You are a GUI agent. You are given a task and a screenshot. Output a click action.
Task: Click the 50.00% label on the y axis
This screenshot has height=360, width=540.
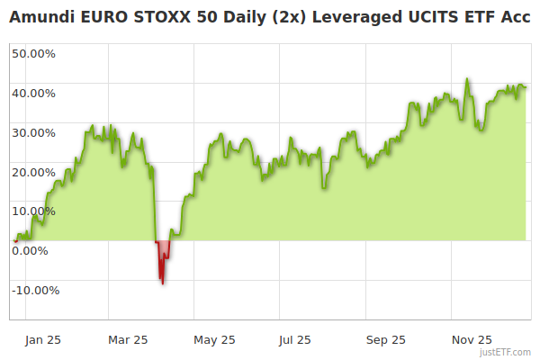[x=33, y=53]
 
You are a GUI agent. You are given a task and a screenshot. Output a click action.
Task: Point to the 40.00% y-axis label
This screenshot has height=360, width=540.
[x=33, y=93]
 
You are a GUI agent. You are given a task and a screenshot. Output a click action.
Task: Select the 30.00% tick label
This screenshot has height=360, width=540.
[x=33, y=132]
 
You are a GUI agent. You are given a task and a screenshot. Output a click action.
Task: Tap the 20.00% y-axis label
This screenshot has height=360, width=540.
[x=33, y=172]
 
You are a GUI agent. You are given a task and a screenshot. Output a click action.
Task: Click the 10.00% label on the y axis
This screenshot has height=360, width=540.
[x=33, y=211]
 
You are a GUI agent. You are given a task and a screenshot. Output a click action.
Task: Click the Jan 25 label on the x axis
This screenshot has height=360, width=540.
[x=42, y=340]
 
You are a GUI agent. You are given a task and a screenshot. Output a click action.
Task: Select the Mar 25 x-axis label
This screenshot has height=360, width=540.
[x=127, y=340]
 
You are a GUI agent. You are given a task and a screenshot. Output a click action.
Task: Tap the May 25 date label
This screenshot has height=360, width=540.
[x=214, y=340]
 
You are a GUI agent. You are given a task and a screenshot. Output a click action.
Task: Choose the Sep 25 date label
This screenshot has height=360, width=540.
[x=386, y=340]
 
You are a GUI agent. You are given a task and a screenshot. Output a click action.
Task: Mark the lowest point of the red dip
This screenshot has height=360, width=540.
[x=162, y=283]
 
